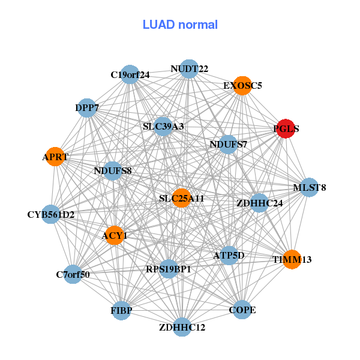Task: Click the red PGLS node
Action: pyautogui.click(x=285, y=128)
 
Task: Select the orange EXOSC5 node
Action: pyautogui.click(x=242, y=85)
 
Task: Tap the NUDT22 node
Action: pyautogui.click(x=189, y=68)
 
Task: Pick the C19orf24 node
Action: pyautogui.click(x=130, y=74)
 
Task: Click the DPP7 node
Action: pyautogui.click(x=87, y=108)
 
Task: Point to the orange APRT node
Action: pyautogui.click(x=55, y=157)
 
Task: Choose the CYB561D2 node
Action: pyautogui.click(x=51, y=214)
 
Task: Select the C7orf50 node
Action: pyautogui.click(x=73, y=275)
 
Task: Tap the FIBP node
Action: pyautogui.click(x=121, y=311)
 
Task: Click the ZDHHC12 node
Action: pyautogui.click(x=182, y=328)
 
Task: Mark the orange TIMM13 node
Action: pyautogui.click(x=292, y=260)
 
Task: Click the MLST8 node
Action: pyautogui.click(x=309, y=188)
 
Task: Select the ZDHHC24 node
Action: pyautogui.click(x=259, y=203)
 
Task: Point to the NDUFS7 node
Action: pyautogui.click(x=228, y=144)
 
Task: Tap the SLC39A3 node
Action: pyautogui.click(x=163, y=127)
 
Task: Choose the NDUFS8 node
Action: pyautogui.click(x=113, y=171)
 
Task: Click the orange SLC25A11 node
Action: pyautogui.click(x=182, y=198)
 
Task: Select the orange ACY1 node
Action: pyautogui.click(x=114, y=235)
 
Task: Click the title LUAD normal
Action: pyautogui.click(x=180, y=25)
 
